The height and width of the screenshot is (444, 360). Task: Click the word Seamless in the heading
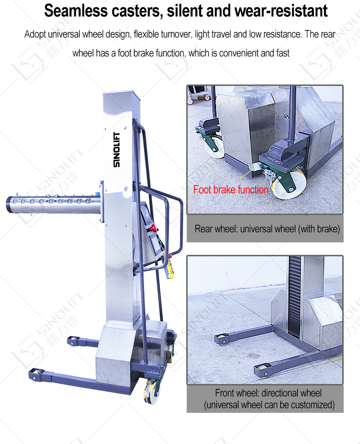point(76,11)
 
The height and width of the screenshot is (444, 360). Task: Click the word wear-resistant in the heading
point(281,11)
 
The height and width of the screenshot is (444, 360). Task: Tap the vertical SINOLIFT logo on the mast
point(117,149)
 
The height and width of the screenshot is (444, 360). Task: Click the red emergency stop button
point(153,228)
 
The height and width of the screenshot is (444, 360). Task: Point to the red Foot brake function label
point(230,190)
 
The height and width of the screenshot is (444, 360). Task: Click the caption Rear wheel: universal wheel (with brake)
point(267,228)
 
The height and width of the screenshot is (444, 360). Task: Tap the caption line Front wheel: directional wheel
point(268,393)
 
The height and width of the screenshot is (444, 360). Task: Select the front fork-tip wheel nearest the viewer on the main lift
point(36,374)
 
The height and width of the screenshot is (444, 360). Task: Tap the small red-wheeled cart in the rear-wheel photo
point(199,94)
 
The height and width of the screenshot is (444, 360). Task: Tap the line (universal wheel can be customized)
point(269,405)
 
